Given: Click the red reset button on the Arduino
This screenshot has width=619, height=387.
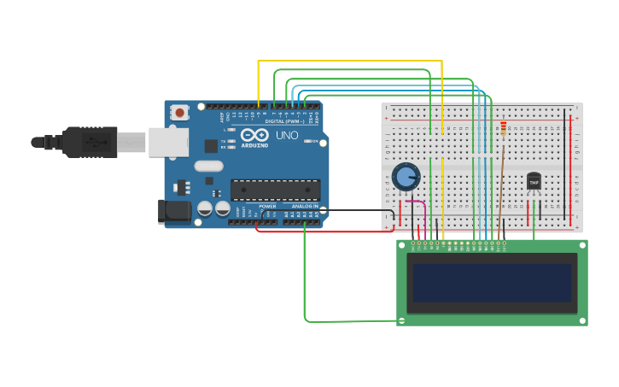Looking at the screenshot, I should pyautogui.click(x=179, y=112).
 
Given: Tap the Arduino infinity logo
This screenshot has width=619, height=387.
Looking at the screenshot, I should pyautogui.click(x=254, y=135).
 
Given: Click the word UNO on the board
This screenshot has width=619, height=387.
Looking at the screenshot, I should pyautogui.click(x=286, y=135).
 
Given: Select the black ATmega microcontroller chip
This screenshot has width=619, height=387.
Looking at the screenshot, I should pyautogui.click(x=275, y=190).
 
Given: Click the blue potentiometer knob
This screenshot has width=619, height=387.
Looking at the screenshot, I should pyautogui.click(x=406, y=178).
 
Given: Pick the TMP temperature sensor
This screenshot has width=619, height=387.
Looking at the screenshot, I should pyautogui.click(x=534, y=181).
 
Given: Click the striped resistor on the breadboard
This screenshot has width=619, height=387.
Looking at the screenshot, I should pyautogui.click(x=503, y=128).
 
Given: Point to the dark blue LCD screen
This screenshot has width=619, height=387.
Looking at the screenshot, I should pyautogui.click(x=492, y=283).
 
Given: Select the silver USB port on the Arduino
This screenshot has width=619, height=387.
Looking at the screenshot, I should pyautogui.click(x=168, y=142).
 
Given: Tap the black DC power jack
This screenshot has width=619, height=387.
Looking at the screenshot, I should pyautogui.click(x=176, y=212).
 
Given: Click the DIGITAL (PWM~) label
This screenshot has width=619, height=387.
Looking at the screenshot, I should pyautogui.click(x=286, y=121).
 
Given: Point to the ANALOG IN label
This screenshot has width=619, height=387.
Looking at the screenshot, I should pyautogui.click(x=305, y=206).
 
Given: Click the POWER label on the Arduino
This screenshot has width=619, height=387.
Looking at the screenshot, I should pyautogui.click(x=267, y=206).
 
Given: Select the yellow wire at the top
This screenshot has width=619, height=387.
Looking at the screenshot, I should pyautogui.click(x=350, y=61).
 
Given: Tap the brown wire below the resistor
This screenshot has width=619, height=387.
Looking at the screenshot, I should pyautogui.click(x=501, y=179).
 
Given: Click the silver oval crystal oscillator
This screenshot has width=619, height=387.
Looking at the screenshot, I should pyautogui.click(x=208, y=166).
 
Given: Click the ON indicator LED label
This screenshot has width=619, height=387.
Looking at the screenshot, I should pyautogui.click(x=314, y=141).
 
